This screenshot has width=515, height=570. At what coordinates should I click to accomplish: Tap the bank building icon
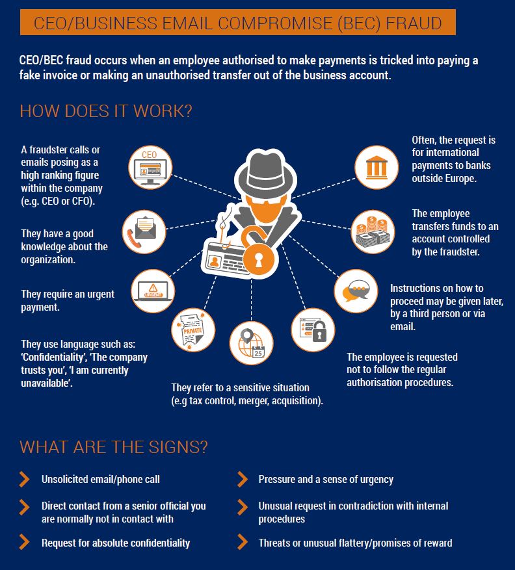pyautogui.click(x=375, y=168)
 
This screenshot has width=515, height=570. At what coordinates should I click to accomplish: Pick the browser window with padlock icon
pyautogui.click(x=312, y=329)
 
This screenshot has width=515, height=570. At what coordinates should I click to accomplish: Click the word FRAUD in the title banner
pyautogui.click(x=413, y=24)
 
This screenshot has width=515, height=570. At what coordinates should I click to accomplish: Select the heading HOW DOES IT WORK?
pyautogui.click(x=105, y=110)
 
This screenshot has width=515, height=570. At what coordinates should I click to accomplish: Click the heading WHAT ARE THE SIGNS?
pyautogui.click(x=114, y=447)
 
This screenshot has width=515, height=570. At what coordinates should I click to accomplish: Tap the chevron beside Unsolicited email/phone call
pyautogui.click(x=25, y=480)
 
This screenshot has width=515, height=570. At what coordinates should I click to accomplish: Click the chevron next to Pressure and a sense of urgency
pyautogui.click(x=242, y=480)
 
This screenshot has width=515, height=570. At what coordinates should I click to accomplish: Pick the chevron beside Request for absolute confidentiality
pyautogui.click(x=25, y=542)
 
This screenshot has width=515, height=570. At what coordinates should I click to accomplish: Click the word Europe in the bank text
pyautogui.click(x=462, y=177)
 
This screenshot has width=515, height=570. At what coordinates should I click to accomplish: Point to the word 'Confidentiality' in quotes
pyautogui.click(x=47, y=357)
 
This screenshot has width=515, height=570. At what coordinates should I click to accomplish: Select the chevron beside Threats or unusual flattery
pyautogui.click(x=242, y=542)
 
